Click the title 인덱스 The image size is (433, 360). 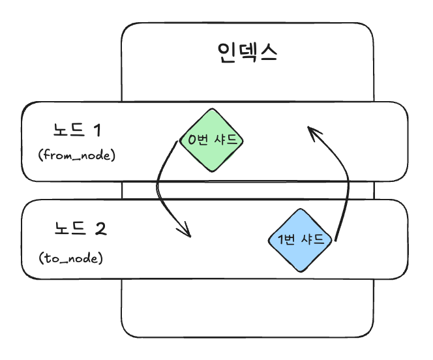[247, 52]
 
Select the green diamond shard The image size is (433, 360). [213, 154]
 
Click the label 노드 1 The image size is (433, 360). [77, 130]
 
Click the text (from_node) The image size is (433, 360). [77, 157]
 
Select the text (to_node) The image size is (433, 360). [72, 259]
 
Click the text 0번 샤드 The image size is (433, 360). [213, 140]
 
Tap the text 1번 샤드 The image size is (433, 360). [301, 239]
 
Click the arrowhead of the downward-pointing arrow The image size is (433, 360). [187, 232]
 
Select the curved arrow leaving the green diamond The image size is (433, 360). [161, 189]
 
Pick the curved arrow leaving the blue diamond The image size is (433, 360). [344, 189]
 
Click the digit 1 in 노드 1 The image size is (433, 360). [98, 130]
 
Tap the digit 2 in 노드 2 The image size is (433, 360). [100, 229]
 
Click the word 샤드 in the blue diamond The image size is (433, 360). [314, 239]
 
